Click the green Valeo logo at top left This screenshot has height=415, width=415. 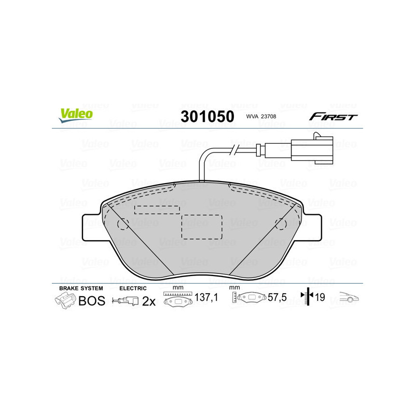pyautogui.click(x=76, y=116)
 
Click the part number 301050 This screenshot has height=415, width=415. pyautogui.click(x=207, y=116)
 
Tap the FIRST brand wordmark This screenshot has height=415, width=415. pyautogui.click(x=333, y=117)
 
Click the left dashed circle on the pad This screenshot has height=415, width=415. pyautogui.click(x=123, y=224)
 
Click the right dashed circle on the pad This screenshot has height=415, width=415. pyautogui.click(x=281, y=224)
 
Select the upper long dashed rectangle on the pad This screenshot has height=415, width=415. pyautogui.click(x=157, y=209)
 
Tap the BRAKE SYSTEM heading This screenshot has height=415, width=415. pyautogui.click(x=81, y=288)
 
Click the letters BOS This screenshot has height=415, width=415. pyautogui.click(x=91, y=301)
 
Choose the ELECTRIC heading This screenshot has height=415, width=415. pyautogui.click(x=133, y=288)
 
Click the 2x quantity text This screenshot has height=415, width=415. pyautogui.click(x=149, y=301)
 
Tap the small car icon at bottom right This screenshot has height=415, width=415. pyautogui.click(x=349, y=297)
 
